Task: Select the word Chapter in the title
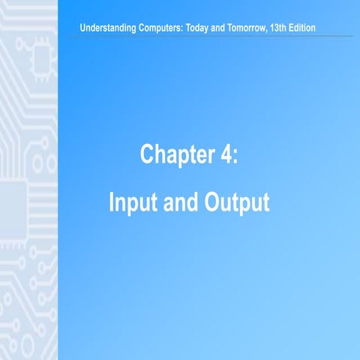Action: [172, 154]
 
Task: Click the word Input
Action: [132, 203]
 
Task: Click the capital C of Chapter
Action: [148, 154]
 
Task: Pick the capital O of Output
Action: [213, 203]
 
